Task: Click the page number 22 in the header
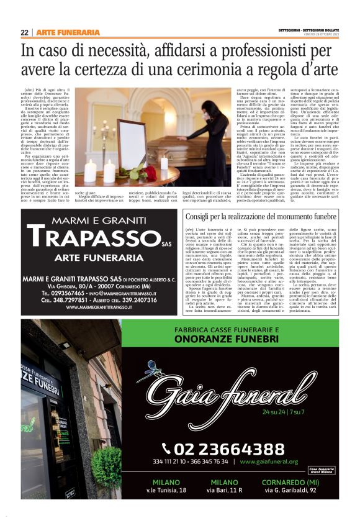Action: [x=24, y=32]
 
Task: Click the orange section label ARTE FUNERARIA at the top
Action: [x=68, y=32]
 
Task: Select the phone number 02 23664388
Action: [x=232, y=448]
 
